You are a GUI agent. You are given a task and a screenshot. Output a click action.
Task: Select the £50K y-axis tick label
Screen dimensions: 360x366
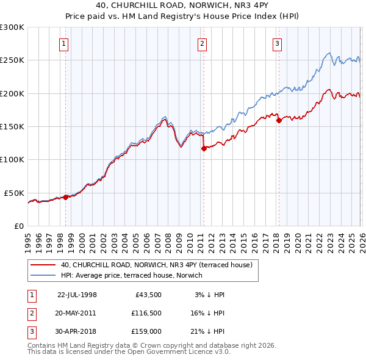[14, 193]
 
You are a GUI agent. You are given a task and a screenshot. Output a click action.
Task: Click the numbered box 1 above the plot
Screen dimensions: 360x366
[65, 43]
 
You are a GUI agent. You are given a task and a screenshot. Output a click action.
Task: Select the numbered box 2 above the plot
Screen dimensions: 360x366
[202, 43]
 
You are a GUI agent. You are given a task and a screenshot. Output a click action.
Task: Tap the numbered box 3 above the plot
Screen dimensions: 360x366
[277, 43]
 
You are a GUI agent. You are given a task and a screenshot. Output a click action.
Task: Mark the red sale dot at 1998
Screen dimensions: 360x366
[66, 196]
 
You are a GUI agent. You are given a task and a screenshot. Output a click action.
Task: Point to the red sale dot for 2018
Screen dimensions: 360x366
[279, 120]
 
